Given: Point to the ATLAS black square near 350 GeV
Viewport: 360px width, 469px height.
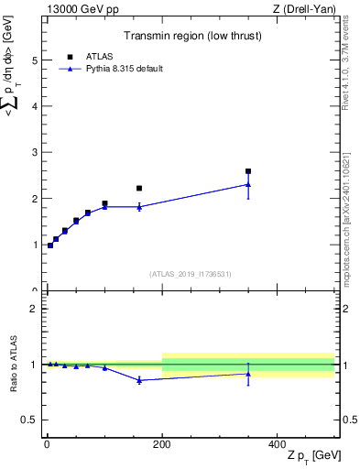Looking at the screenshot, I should (x=248, y=171).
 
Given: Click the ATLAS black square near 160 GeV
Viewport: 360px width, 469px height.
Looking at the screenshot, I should (x=139, y=189).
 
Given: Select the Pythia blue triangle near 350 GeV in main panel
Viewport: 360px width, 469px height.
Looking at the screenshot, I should (x=248, y=184).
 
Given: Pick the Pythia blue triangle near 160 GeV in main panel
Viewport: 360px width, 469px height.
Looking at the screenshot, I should (x=139, y=207).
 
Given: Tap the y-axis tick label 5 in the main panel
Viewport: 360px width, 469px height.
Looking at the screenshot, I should (x=34, y=60).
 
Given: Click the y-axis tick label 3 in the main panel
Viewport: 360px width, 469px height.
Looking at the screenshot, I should (x=34, y=153).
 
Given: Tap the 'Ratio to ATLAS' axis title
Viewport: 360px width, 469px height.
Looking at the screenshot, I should (x=12, y=365).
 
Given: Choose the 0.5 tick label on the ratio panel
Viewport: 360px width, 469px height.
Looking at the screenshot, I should (x=30, y=420).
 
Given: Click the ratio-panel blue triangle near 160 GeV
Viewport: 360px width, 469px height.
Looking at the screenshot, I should (x=139, y=380).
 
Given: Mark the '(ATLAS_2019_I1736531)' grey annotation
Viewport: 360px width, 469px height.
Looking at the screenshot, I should (x=191, y=274).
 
